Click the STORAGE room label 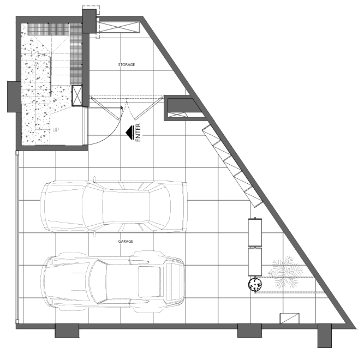pos(126,64)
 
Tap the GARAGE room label pos(126,241)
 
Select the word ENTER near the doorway pos(138,132)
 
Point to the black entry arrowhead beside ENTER pos(130,133)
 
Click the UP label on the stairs pos(56,130)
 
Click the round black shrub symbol pos(255,284)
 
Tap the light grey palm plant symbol pos(285,272)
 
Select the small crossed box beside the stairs pos(77,95)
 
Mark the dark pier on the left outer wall pos(14,97)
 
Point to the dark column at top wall pos(89,21)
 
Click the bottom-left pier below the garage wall pos(67,331)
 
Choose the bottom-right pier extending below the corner pos(325,335)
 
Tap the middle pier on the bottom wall pos(249,331)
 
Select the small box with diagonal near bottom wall pos(289,318)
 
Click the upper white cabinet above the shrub pos(255,232)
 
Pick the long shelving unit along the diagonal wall pos(232,166)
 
